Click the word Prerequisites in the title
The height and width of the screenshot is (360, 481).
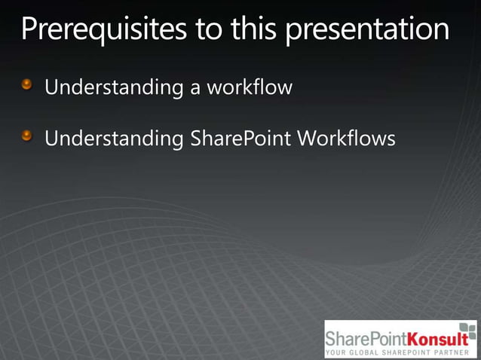(x=100, y=29)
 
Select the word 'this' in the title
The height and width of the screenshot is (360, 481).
(x=252, y=29)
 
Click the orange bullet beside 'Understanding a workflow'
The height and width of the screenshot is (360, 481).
(x=27, y=85)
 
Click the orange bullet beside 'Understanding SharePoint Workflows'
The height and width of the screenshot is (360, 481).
(x=27, y=136)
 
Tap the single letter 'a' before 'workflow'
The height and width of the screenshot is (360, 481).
(x=195, y=89)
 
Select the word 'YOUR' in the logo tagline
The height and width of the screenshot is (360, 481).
(x=337, y=352)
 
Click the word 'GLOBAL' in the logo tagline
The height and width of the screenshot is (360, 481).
(x=369, y=352)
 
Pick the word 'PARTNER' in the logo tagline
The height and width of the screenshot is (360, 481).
(x=454, y=352)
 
